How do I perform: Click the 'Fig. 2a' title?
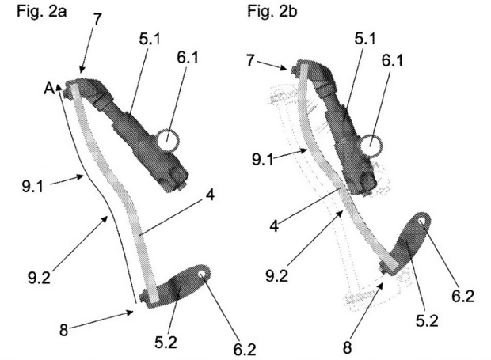(x=42, y=12)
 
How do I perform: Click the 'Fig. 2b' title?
(x=272, y=12)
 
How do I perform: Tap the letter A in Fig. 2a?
(x=49, y=89)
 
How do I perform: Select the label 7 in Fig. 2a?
(x=97, y=19)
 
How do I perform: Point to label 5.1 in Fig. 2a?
(x=150, y=40)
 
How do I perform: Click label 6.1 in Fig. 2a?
(x=188, y=58)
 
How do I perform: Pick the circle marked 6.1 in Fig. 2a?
(x=168, y=139)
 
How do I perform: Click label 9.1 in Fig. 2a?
(x=32, y=187)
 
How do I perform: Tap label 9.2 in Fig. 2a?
(x=39, y=278)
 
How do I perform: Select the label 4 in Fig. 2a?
(x=210, y=195)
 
